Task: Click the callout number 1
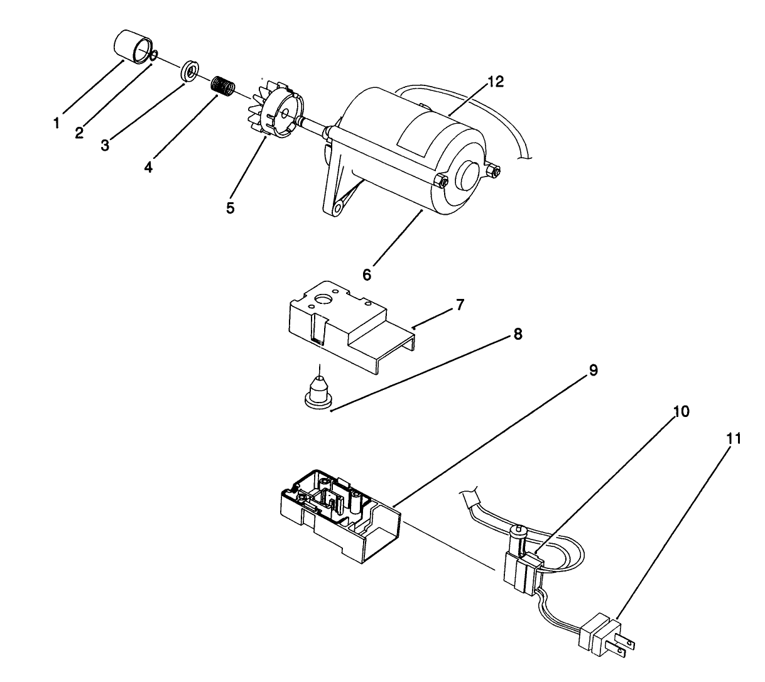pos(57,123)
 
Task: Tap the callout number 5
pos(231,208)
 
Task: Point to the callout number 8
pos(518,334)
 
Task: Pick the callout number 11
pos(733,438)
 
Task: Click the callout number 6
pos(367,274)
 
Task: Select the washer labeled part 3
pos(189,70)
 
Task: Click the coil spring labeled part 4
pos(221,86)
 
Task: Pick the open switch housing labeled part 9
pos(339,509)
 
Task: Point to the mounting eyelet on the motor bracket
pos(340,205)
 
